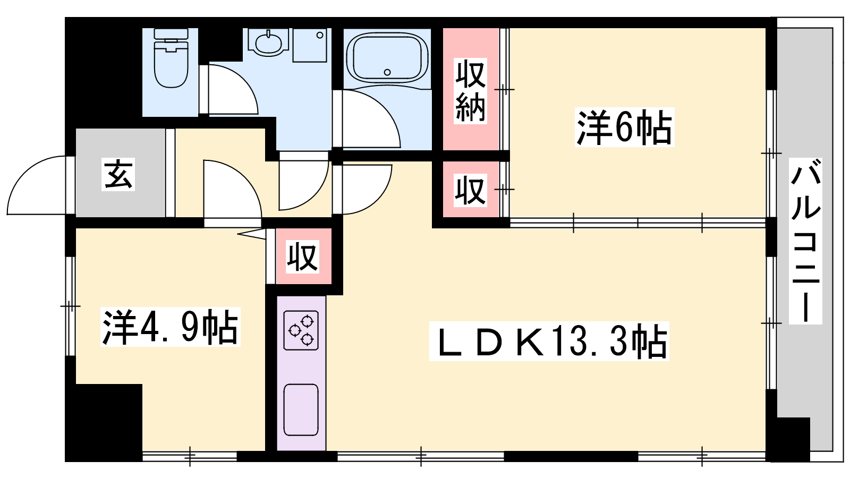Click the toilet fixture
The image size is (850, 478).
pos(171,58)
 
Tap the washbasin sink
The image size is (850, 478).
pos(269,42)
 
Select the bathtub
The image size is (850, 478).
pos(387,59)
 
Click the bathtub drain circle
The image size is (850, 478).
pos(387,72)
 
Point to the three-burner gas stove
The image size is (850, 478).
pos(301,330)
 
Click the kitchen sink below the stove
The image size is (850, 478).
pos(301,409)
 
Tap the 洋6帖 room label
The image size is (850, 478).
pos(624,127)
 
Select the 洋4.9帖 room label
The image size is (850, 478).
pos(171,327)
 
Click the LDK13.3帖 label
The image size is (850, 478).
pos(549,341)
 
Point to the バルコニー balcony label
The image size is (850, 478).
pos(805,241)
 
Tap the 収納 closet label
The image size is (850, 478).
pos(471,91)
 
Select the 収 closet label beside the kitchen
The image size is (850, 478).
pos(302,257)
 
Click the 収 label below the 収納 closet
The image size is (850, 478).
pos(471,190)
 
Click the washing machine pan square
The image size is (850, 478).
pos(310,45)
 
